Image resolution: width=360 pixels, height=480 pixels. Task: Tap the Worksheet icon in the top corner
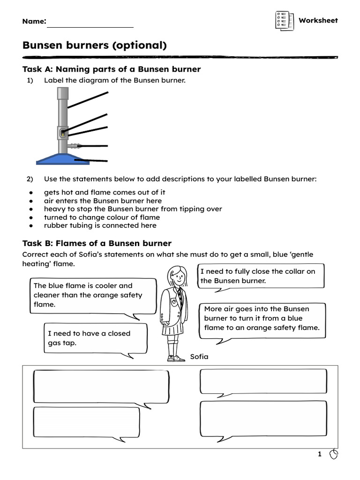[x=284, y=21]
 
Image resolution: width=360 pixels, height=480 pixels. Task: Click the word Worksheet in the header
[x=318, y=21]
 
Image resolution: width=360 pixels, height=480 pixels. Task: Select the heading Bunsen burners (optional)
[x=94, y=45]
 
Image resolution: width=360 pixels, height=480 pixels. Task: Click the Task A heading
[x=112, y=69]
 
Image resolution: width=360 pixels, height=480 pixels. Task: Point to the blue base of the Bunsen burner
[x=63, y=159]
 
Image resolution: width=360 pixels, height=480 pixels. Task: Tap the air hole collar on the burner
[x=63, y=133]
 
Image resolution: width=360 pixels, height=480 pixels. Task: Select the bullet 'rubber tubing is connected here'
[x=100, y=225]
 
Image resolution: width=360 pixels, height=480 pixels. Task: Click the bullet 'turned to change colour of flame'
[x=102, y=217]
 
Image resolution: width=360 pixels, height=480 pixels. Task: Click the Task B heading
[x=97, y=243]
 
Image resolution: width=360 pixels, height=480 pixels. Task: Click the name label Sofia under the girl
[x=199, y=357]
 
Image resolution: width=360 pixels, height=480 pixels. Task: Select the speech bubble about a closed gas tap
[x=95, y=338]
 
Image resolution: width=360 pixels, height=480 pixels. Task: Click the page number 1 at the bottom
[x=320, y=454]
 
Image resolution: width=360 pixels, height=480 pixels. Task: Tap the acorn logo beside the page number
[x=334, y=454]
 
